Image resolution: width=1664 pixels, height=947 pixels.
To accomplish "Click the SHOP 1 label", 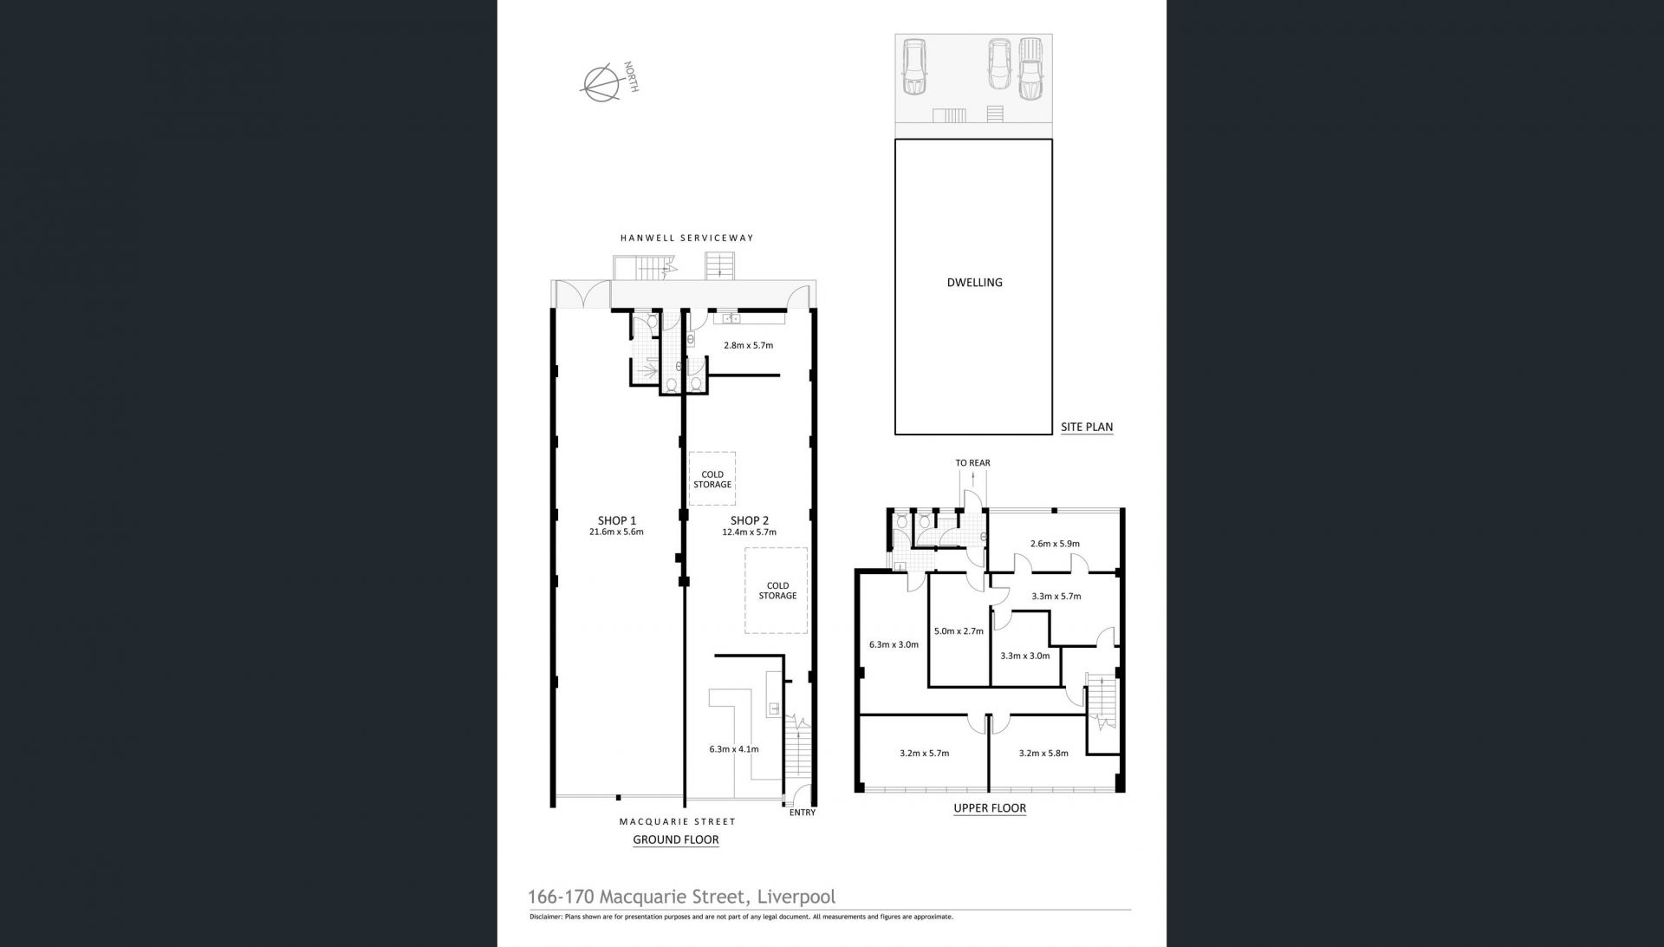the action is [x=616, y=520].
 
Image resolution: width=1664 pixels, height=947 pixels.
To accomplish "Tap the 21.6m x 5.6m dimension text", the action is [x=616, y=532].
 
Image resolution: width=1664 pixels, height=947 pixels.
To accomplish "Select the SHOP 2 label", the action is [x=749, y=520].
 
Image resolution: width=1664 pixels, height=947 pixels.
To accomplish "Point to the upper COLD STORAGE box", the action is [x=712, y=479].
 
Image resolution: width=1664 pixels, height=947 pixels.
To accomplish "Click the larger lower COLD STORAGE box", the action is [x=777, y=590].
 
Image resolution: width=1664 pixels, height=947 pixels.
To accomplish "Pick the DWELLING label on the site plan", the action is [x=975, y=283].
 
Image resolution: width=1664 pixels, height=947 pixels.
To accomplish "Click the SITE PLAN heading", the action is [x=1087, y=427].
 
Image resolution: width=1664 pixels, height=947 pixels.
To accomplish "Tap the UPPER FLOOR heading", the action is [x=990, y=808].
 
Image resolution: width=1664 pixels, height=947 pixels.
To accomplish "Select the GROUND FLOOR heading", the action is [x=676, y=839].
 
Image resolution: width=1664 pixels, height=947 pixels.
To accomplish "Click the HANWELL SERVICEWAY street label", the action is [x=686, y=238].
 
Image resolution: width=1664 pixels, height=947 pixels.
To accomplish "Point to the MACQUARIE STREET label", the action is [x=677, y=821].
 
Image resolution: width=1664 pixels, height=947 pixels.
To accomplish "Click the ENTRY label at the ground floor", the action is [x=803, y=813].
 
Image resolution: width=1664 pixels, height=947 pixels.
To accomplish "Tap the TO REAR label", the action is [x=972, y=463].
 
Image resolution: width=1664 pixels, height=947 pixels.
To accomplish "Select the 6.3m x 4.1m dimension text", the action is [x=734, y=749].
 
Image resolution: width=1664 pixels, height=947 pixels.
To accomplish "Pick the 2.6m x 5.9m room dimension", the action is [x=1055, y=544].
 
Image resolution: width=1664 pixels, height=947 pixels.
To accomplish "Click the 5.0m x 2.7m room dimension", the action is [x=959, y=631].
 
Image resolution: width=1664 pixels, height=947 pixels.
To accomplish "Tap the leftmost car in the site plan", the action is [x=914, y=66].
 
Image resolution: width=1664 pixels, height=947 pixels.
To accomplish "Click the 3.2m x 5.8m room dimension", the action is [x=1043, y=753].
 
